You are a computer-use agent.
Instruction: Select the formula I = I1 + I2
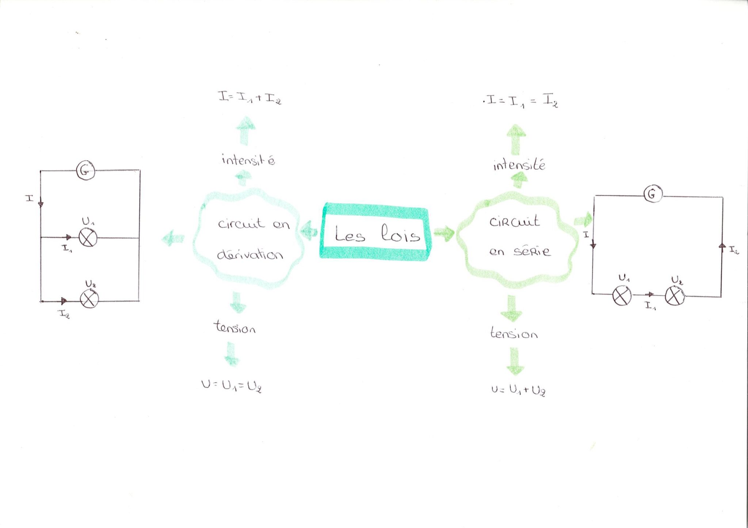[x=250, y=97]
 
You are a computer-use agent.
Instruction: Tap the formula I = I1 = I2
[x=520, y=100]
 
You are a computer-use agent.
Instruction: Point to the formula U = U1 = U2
[x=232, y=386]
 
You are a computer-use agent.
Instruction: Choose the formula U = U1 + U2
[x=518, y=390]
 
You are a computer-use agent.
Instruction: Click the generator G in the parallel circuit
[x=85, y=171]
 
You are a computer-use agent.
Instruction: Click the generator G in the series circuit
[x=653, y=194]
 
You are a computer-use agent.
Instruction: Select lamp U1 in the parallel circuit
[x=88, y=238]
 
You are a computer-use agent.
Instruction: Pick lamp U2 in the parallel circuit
[x=89, y=299]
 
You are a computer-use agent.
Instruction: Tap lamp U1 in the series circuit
[x=622, y=296]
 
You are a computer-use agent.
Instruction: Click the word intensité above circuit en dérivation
[x=248, y=160]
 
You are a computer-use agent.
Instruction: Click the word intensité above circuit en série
[x=519, y=165]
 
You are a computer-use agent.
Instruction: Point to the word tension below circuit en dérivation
[x=234, y=327]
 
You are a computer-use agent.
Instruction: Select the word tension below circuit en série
[x=514, y=333]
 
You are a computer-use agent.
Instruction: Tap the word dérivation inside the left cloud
[x=250, y=254]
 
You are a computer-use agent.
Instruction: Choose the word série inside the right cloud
[x=531, y=251]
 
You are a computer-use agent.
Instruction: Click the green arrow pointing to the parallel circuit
[x=173, y=239]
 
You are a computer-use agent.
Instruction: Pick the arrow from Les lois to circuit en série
[x=444, y=233]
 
